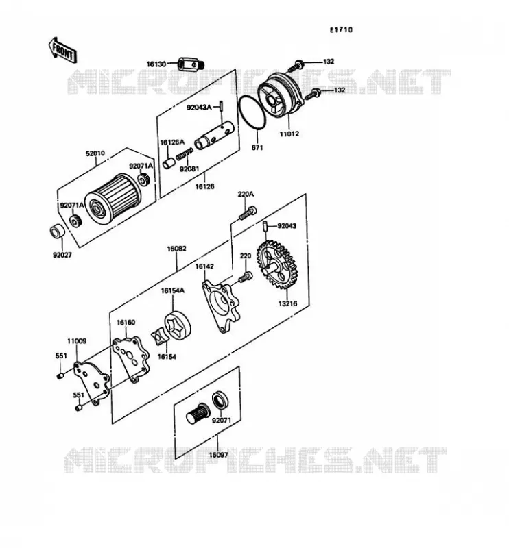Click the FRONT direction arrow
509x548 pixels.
(62, 51)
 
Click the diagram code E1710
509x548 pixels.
(341, 30)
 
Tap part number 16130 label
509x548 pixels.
(156, 64)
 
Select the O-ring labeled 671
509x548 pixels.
(252, 113)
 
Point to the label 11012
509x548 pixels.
(289, 134)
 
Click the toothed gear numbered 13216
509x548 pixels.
(275, 264)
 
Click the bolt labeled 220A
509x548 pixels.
(248, 213)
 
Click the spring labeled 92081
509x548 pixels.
(185, 153)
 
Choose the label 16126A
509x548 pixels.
(172, 142)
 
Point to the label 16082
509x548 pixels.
(176, 249)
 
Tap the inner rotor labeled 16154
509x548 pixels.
(160, 336)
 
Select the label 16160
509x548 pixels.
(126, 322)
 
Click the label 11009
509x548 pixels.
(77, 341)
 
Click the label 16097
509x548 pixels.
(218, 455)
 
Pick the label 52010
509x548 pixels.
(95, 153)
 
